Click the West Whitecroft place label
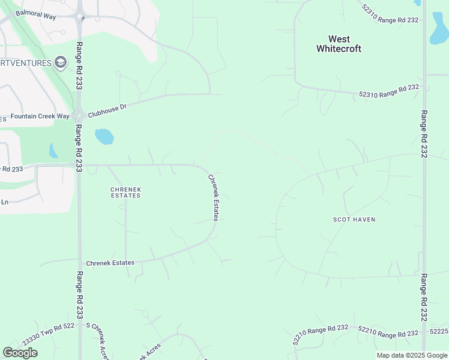pyautogui.click(x=339, y=44)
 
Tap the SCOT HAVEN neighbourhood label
pyautogui.click(x=354, y=220)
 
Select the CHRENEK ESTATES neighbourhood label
pyautogui.click(x=125, y=192)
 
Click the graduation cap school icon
pyautogui.click(x=60, y=62)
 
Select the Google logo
pyautogui.click(x=20, y=353)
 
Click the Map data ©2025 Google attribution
pyautogui.click(x=411, y=355)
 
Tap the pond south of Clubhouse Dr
pyautogui.click(x=104, y=137)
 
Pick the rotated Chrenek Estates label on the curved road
pyautogui.click(x=214, y=197)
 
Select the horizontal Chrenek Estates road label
pyautogui.click(x=110, y=263)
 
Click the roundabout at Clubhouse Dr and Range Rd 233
pyautogui.click(x=78, y=115)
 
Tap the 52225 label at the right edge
pyautogui.click(x=439, y=331)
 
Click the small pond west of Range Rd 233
pyautogui.click(x=53, y=151)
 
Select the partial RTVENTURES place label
pyautogui.click(x=25, y=62)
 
